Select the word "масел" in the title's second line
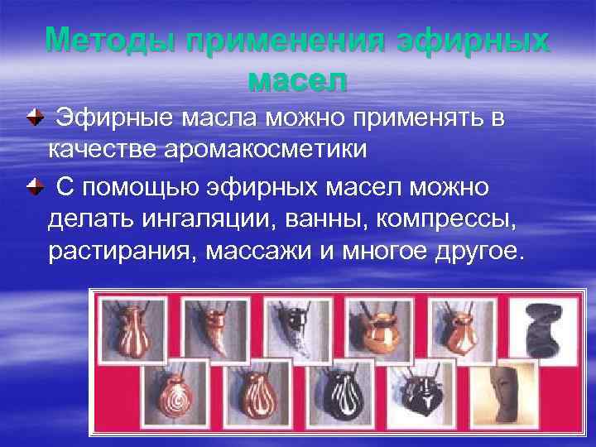tap(297, 81)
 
